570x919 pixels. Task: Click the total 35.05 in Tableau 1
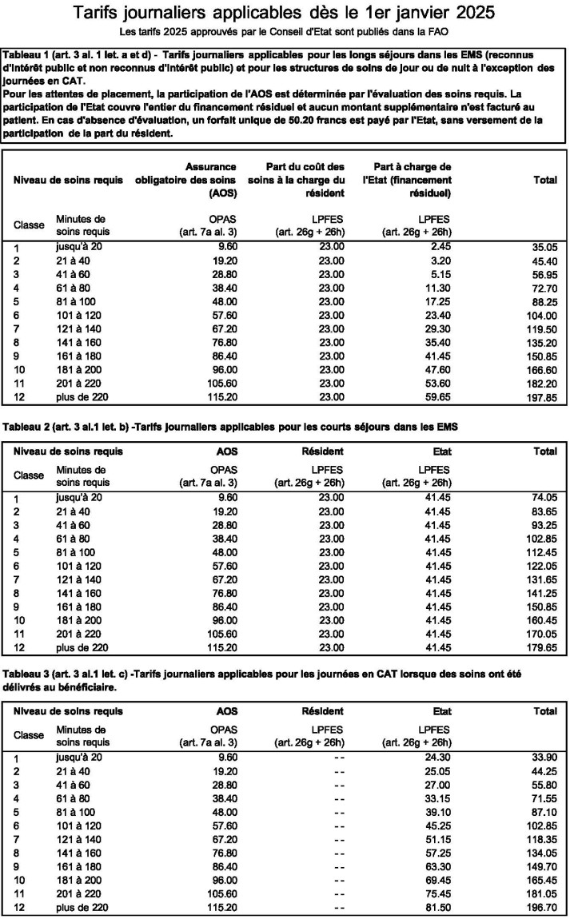(x=544, y=249)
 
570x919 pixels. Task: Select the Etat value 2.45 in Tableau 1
(x=438, y=249)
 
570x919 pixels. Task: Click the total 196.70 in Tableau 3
(x=541, y=908)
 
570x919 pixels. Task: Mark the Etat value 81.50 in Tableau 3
(x=436, y=908)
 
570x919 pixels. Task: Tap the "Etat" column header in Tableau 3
(x=438, y=710)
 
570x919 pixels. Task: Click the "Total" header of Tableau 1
(x=544, y=181)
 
